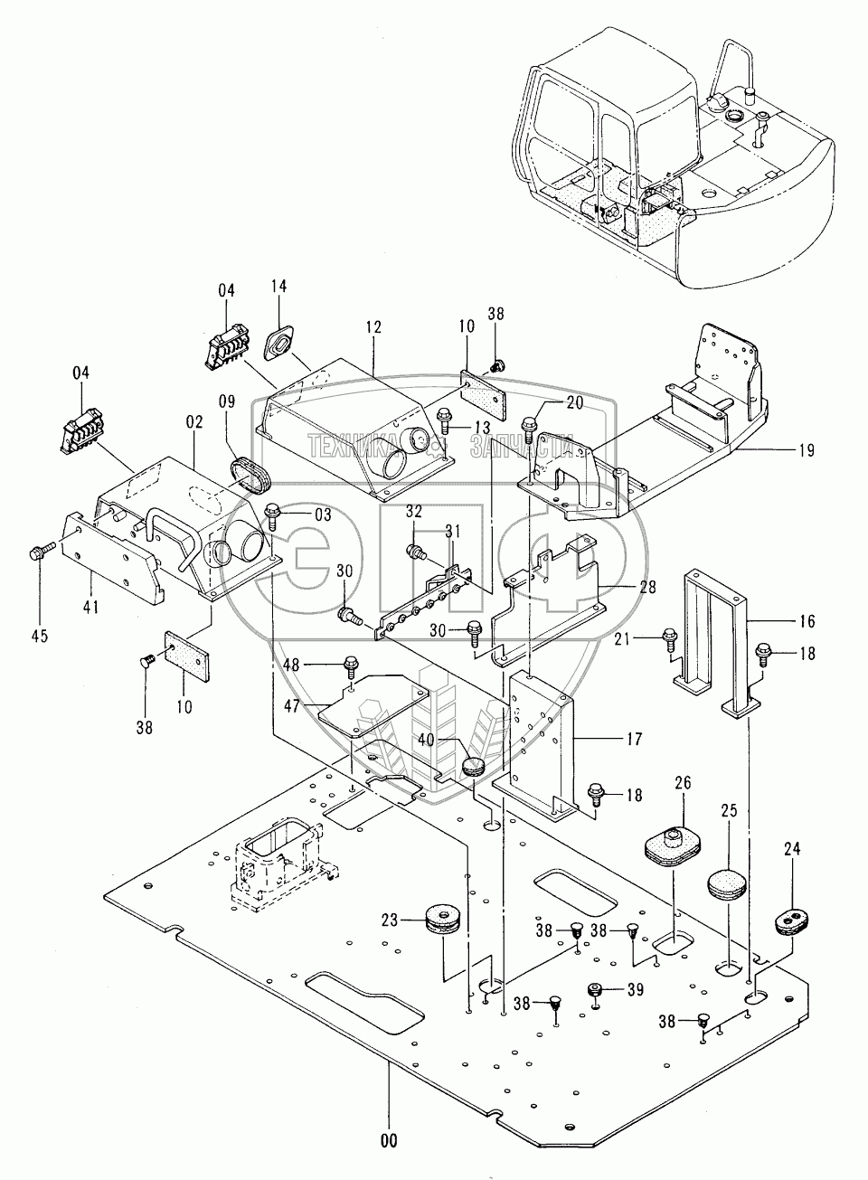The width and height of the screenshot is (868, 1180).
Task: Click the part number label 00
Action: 389,1141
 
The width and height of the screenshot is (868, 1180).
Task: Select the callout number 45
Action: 38,636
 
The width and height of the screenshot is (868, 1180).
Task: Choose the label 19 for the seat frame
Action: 807,450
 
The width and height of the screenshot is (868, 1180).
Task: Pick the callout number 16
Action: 807,621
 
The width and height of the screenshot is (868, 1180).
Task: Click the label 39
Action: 635,989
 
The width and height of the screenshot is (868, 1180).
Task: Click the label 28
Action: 647,586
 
